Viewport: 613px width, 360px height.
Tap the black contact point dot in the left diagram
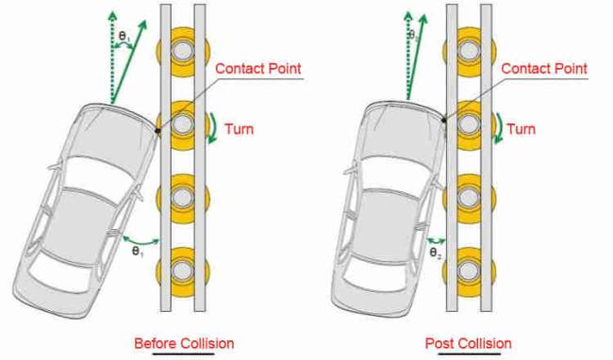[157, 131]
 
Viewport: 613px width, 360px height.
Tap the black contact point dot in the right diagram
[444, 120]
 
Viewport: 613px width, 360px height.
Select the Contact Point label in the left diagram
[258, 69]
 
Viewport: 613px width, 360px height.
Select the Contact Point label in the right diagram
[544, 69]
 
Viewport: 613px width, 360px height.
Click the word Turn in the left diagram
[239, 129]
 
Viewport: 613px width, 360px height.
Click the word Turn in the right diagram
[522, 129]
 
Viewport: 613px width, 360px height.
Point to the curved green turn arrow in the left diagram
[215, 127]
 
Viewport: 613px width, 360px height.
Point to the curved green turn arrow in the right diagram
[501, 127]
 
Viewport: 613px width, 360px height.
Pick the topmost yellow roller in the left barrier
[183, 51]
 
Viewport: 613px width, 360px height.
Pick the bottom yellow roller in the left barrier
[183, 270]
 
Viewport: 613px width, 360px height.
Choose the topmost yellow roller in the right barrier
[469, 51]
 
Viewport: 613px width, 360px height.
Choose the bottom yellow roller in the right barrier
[469, 270]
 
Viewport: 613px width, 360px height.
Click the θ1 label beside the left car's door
[138, 252]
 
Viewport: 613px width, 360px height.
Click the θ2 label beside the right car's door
[436, 253]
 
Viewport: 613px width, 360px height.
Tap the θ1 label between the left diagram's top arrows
[124, 37]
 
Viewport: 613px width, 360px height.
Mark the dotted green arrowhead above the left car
[112, 16]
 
